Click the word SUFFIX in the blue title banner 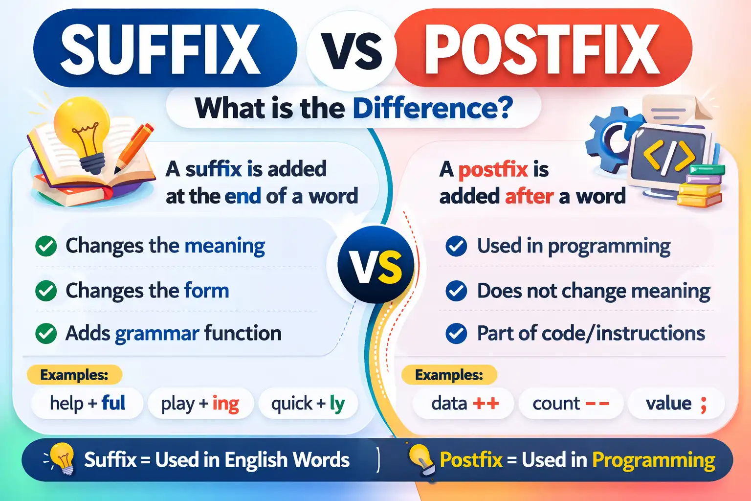(x=160, y=49)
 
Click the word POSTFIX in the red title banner (x=542, y=49)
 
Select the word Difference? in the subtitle (x=432, y=108)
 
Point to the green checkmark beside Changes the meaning (x=46, y=246)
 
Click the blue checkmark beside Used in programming (x=456, y=246)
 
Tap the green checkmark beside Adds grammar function (x=46, y=334)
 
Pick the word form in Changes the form (x=206, y=291)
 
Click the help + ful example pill (x=88, y=404)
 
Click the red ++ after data (x=486, y=404)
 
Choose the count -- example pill (x=571, y=404)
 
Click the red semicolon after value (x=704, y=405)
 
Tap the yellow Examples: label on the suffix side (x=74, y=375)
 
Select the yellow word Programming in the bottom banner (x=653, y=460)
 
